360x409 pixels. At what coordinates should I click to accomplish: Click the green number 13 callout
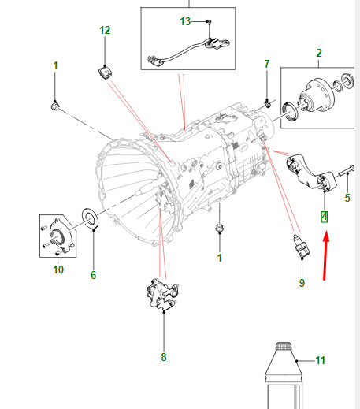coord(185,21)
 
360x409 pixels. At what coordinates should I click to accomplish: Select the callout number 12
coord(105,30)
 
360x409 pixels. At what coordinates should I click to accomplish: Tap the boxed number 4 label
coord(325,217)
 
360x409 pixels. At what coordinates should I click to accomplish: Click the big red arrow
coord(325,255)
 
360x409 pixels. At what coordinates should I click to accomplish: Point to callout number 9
coord(302,283)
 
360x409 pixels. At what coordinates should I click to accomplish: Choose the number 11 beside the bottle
coord(320,360)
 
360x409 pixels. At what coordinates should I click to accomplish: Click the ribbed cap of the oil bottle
coord(284,346)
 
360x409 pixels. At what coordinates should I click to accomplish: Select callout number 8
coord(164,357)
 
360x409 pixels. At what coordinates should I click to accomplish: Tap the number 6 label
coord(93,275)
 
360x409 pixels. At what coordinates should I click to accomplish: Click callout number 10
coord(58,270)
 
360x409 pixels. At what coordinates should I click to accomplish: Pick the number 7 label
coord(267,64)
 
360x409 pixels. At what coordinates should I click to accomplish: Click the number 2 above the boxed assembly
coord(319,53)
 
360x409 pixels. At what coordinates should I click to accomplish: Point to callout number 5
coord(347,198)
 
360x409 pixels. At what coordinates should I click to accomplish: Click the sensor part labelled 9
coord(302,246)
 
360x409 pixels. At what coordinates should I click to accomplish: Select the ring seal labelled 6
coord(91,218)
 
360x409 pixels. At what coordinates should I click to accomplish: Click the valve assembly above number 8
coord(162,294)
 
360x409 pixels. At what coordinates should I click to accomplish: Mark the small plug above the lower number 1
coord(219,228)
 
